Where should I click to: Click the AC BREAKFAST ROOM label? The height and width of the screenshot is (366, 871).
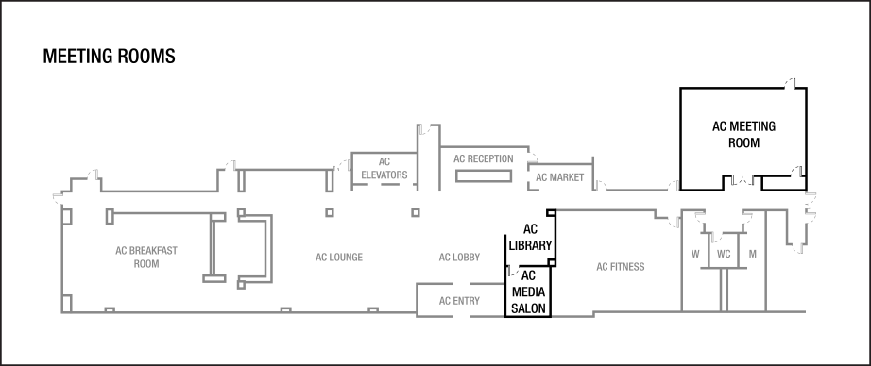[x=146, y=258]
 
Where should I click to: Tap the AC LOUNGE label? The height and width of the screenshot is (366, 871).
[x=339, y=258]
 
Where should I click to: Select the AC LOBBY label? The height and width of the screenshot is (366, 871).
[x=460, y=258]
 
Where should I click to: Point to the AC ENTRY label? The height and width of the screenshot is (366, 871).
[x=459, y=301]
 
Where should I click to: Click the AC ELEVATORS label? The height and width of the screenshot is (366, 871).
[x=384, y=169]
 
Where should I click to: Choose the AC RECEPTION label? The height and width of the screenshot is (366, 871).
[x=483, y=159]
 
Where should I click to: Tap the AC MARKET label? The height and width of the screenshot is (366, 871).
[x=560, y=177]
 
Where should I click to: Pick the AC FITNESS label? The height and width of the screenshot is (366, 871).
[x=621, y=267]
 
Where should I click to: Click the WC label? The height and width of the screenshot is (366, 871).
[x=724, y=254]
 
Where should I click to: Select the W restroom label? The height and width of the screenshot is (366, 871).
[x=695, y=254]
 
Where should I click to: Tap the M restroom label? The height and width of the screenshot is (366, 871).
[x=753, y=254]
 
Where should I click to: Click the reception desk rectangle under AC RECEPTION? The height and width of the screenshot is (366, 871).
[x=483, y=176]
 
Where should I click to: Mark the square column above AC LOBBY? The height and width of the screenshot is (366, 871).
[x=416, y=213]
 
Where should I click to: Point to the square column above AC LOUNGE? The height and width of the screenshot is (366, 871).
[x=330, y=213]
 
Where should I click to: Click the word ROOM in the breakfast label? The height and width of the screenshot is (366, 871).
[x=146, y=264]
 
